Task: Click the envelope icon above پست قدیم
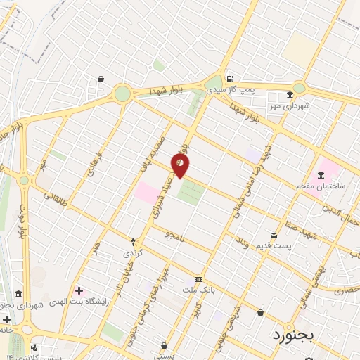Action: pos(274,235)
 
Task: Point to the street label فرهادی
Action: pos(94,165)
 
